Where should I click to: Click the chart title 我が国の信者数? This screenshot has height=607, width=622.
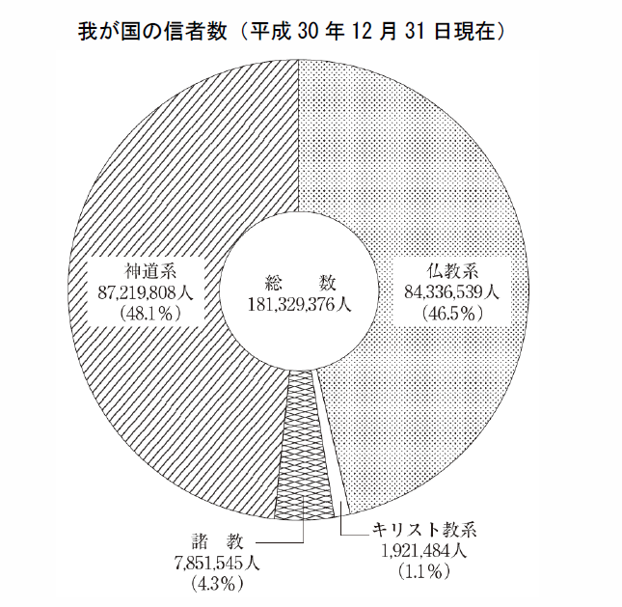click(x=152, y=32)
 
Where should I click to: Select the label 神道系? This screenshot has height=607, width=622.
click(x=150, y=272)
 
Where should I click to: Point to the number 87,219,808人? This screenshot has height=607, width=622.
click(x=146, y=293)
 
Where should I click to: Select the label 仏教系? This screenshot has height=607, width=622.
click(x=452, y=272)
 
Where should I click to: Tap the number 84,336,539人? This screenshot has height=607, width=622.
click(x=452, y=293)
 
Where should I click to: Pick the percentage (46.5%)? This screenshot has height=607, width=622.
click(x=452, y=315)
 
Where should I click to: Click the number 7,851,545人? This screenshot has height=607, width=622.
click(x=217, y=563)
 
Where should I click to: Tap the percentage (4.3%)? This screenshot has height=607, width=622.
click(x=217, y=584)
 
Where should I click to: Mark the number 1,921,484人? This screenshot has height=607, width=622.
click(x=423, y=551)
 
